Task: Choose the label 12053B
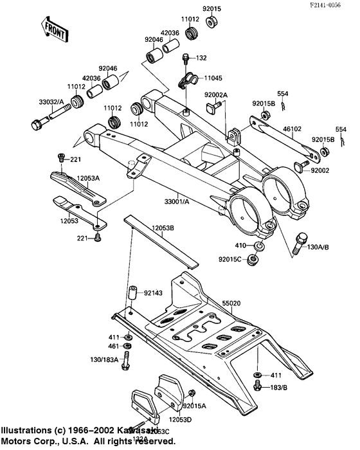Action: click(166, 228)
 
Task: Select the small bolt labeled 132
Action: click(185, 60)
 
